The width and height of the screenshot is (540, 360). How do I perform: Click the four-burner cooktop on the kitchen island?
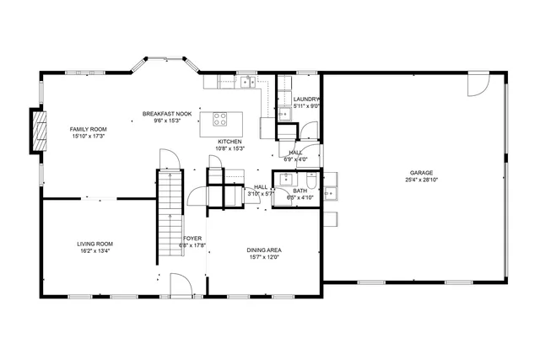(222, 120)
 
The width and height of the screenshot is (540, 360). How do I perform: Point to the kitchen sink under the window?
(246, 82)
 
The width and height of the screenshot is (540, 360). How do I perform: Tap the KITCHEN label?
(230, 142)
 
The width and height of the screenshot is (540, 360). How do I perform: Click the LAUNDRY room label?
(306, 99)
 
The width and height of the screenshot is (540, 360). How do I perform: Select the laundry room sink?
(284, 112)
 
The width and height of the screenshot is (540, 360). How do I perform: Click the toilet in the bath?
(311, 180)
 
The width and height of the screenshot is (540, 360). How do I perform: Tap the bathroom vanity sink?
(289, 179)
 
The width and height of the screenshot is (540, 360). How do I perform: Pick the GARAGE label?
(422, 173)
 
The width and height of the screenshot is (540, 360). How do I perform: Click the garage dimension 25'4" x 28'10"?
(422, 180)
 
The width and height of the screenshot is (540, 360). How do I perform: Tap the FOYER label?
(192, 239)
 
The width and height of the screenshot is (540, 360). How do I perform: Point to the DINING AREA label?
(264, 250)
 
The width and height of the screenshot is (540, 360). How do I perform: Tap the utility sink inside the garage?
(331, 193)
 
